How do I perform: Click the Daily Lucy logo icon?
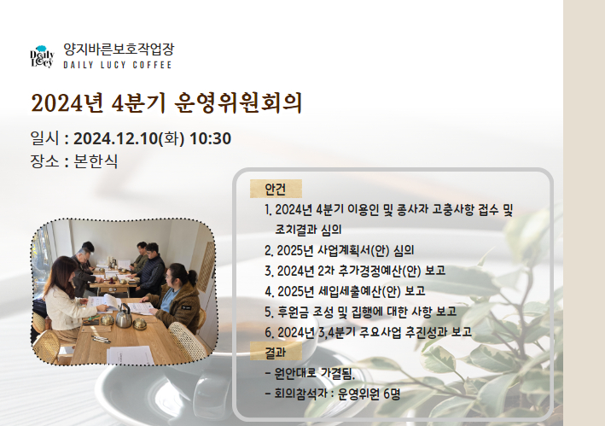coord(42,57)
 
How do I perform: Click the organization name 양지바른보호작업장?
coord(119,49)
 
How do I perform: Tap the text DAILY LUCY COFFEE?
coord(118,65)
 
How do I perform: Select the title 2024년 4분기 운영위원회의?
coord(166,103)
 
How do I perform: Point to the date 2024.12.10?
coord(116,138)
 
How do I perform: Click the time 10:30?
coord(210,138)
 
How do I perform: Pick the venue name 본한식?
coord(96,161)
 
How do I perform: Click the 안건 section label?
coord(276,189)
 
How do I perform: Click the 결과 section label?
coord(276,352)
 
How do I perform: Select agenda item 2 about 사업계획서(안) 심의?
coord(340,250)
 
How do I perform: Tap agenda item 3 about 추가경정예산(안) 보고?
coord(355,271)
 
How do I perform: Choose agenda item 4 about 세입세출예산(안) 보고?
coord(345,291)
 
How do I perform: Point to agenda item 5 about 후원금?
coord(361,312)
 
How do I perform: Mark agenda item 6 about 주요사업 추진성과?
coord(368,332)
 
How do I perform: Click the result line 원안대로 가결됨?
coord(310,373)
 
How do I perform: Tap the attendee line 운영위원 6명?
coord(333,394)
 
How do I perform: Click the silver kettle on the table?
coord(124,316)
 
